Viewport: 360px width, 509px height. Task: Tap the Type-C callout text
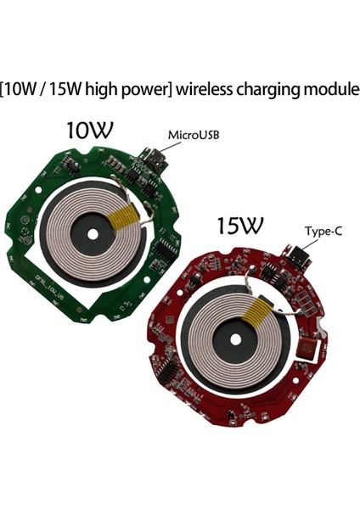tap(323, 230)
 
